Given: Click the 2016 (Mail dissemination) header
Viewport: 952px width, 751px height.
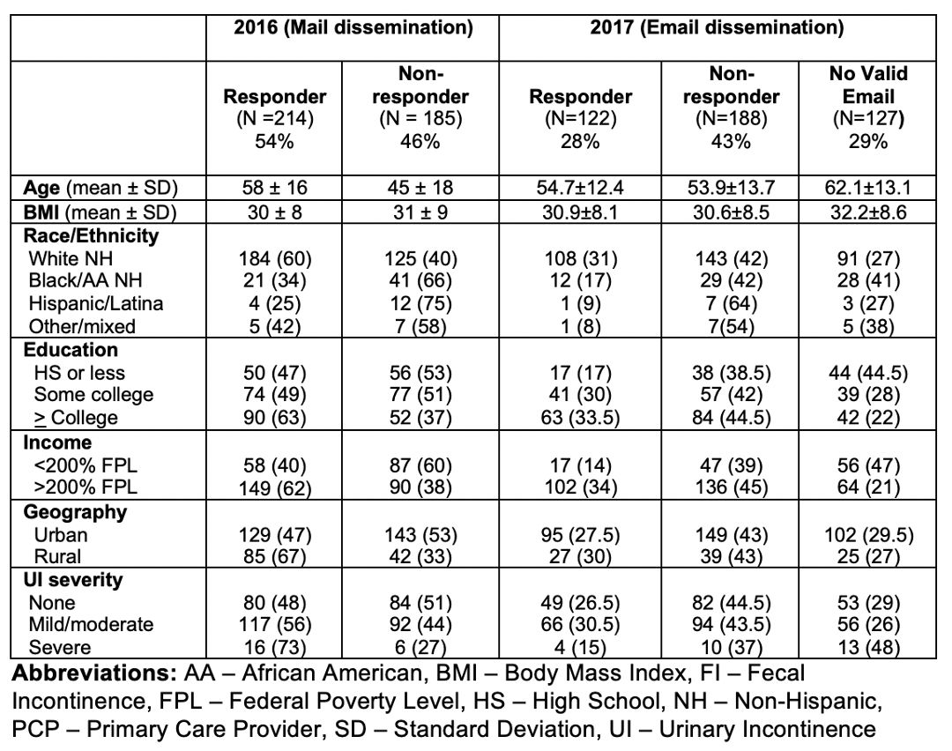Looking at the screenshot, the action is click(353, 28).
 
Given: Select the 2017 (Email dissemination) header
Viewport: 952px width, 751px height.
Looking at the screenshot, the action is click(717, 28).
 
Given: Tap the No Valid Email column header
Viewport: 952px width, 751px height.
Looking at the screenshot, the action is click(868, 85).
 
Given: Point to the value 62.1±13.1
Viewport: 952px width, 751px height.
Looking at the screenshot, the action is click(867, 188).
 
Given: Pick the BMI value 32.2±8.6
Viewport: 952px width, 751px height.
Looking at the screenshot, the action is click(867, 212).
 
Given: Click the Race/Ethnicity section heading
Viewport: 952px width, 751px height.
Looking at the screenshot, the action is click(91, 235).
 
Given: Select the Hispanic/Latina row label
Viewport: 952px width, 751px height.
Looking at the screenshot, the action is click(96, 303).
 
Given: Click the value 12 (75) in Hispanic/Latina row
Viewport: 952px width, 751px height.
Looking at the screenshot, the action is click(420, 303).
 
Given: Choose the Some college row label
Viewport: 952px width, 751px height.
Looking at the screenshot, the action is click(93, 395).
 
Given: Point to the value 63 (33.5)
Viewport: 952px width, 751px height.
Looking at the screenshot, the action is click(580, 418).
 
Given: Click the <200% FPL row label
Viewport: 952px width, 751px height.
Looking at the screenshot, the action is click(86, 465).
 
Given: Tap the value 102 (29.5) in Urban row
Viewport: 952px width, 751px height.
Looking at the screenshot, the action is click(868, 535).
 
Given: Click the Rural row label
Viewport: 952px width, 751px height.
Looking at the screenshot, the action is click(57, 557).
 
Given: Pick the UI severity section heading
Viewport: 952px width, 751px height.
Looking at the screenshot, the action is click(73, 580).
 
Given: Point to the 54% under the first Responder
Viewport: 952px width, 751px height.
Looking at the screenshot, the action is click(274, 141).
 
